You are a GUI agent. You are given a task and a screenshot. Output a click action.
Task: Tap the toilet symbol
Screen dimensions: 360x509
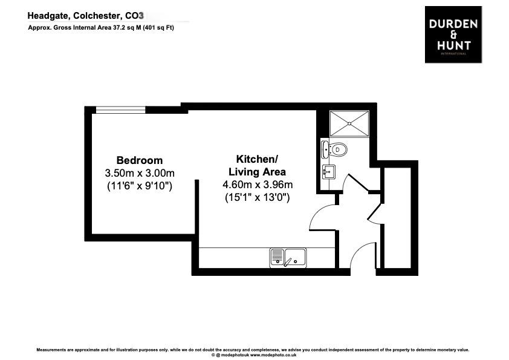click(x=336, y=148)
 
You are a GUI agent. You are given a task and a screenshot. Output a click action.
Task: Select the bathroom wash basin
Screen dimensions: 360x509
click(x=328, y=172)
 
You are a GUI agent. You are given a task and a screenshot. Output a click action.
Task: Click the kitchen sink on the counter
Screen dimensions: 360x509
click(x=288, y=258)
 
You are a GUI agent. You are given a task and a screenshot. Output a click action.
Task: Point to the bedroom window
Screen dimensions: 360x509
click(x=120, y=110)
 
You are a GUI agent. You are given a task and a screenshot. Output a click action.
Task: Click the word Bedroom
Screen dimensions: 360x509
click(x=139, y=160)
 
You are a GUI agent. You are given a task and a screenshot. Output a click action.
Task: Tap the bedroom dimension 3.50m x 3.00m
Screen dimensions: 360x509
click(x=139, y=173)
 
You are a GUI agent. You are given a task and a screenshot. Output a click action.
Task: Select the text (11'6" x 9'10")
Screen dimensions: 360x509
click(x=139, y=186)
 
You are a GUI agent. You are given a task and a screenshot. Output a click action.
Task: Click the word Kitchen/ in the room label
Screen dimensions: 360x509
click(x=257, y=159)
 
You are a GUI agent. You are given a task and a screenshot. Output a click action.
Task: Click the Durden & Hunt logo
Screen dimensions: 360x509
click(x=453, y=34)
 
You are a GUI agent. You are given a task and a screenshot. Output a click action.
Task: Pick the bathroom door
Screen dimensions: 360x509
click(x=354, y=182)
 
